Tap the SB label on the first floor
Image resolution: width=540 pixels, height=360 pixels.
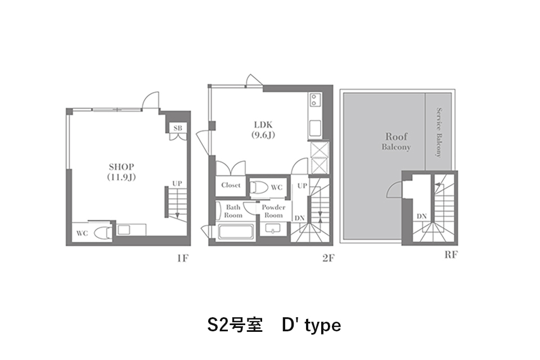tap(178, 128)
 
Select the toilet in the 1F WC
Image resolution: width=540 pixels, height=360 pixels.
tap(102, 232)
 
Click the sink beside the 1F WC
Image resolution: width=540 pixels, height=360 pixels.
tap(124, 229)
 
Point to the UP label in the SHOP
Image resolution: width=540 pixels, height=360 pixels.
tap(177, 183)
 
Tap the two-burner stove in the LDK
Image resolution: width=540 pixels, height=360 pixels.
tap(314, 100)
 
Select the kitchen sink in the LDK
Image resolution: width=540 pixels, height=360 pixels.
tap(315, 128)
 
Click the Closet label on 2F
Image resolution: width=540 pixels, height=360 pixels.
tap(231, 185)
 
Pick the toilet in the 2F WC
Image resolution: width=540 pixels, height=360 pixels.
tap(259, 187)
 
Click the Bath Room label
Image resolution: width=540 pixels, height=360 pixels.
tap(233, 211)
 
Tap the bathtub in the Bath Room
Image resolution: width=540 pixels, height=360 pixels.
tap(236, 231)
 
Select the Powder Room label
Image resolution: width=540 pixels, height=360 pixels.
tap(273, 211)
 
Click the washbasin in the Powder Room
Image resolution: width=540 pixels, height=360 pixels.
tap(273, 229)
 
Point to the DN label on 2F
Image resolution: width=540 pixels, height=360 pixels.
tap(299, 218)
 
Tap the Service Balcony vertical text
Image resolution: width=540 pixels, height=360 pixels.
tap(438, 132)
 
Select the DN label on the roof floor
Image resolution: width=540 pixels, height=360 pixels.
tap(421, 217)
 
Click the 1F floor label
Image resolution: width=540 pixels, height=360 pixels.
tap(183, 258)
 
